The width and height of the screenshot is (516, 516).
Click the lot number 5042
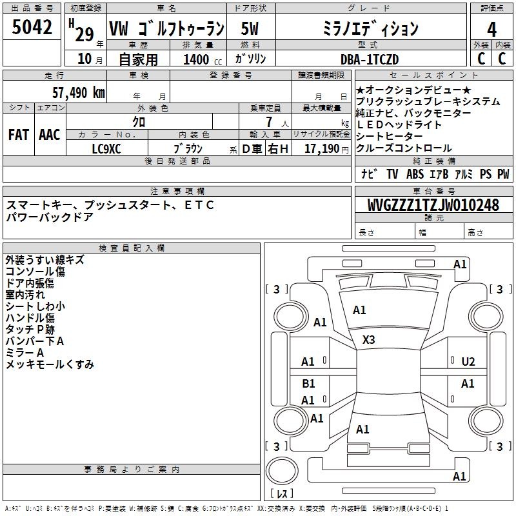click(x=32, y=27)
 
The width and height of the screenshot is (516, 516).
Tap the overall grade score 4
click(x=491, y=30)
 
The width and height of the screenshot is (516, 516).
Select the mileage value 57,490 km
click(x=79, y=93)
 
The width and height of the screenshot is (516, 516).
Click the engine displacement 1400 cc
click(x=203, y=59)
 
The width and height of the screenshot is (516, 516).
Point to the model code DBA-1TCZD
click(x=370, y=59)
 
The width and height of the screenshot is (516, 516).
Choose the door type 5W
click(x=250, y=28)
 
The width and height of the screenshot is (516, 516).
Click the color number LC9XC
click(x=106, y=149)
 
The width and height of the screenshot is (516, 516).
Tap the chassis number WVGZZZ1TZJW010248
click(x=433, y=204)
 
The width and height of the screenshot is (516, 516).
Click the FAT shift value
click(x=19, y=135)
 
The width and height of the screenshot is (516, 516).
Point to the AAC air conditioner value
click(x=50, y=135)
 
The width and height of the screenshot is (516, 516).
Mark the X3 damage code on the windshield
click(x=368, y=339)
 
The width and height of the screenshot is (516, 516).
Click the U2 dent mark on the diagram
click(x=468, y=362)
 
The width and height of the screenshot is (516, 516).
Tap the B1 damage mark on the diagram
click(x=308, y=383)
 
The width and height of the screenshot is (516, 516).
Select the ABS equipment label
click(x=415, y=174)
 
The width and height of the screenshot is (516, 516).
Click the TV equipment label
click(x=392, y=174)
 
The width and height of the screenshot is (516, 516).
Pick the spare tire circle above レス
click(x=282, y=471)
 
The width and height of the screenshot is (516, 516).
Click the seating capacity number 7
click(x=270, y=122)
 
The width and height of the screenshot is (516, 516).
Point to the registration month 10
click(x=84, y=59)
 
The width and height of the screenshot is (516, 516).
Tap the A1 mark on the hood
click(x=359, y=310)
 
